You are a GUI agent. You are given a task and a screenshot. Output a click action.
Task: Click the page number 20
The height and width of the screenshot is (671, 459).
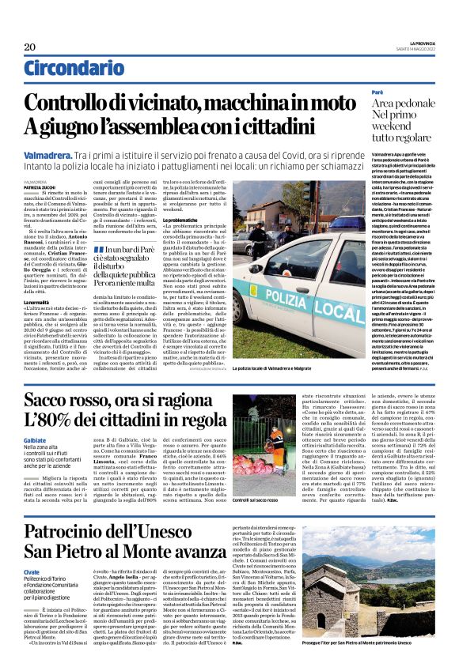(x=30, y=47)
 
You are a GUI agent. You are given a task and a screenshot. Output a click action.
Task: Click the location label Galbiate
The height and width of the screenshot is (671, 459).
(x=36, y=439)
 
